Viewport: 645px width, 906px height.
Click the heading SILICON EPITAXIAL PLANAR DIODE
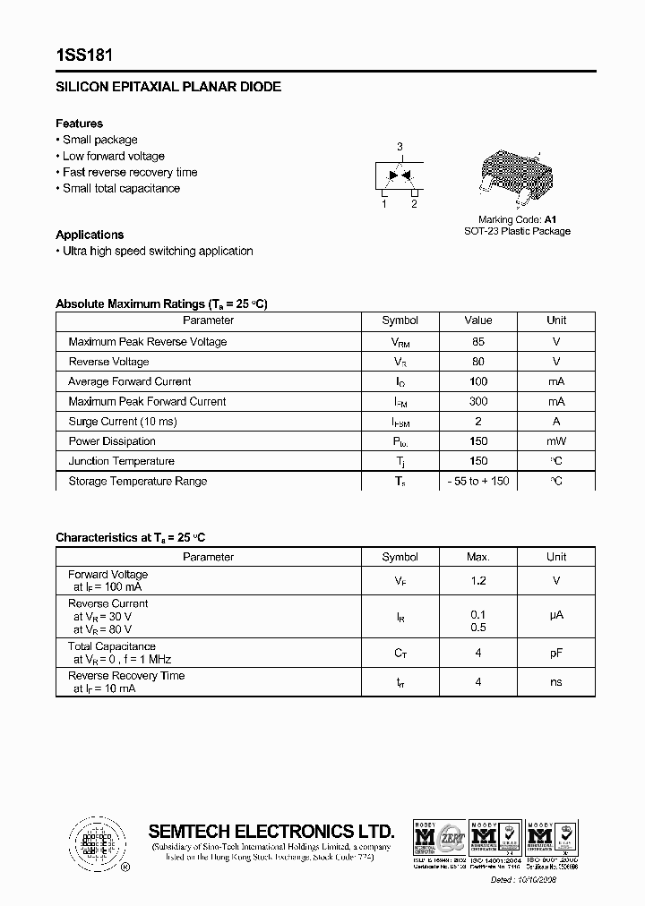coord(168,87)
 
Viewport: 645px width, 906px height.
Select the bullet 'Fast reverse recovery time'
coord(129,172)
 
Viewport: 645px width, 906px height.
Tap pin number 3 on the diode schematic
coord(400,147)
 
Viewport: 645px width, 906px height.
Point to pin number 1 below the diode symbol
coord(384,204)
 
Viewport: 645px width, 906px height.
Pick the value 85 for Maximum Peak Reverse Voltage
coord(477,341)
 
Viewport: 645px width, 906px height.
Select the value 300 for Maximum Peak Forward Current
coord(477,401)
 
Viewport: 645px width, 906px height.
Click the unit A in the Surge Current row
coord(556,421)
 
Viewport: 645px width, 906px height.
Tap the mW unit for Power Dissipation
coord(556,440)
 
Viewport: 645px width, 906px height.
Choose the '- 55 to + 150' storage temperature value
coord(477,481)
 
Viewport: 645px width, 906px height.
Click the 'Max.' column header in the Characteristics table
coord(477,557)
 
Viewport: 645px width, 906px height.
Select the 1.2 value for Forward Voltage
coord(477,580)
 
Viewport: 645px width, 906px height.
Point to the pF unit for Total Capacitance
coord(556,653)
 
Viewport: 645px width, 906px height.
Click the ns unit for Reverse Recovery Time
coord(556,681)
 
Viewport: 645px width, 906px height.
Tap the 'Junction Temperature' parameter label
coord(121,461)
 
